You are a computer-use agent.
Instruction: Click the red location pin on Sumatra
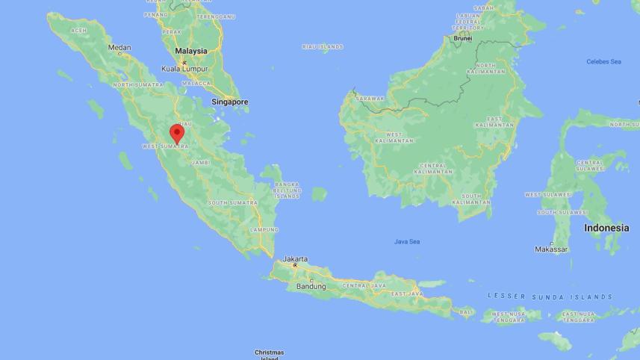pyautogui.click(x=177, y=132)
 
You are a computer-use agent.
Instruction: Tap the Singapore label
pyautogui.click(x=229, y=101)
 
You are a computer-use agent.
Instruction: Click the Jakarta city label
pyautogui.click(x=295, y=259)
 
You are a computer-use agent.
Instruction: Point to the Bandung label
pyautogui.click(x=311, y=286)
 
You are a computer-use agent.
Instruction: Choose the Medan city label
pyautogui.click(x=119, y=47)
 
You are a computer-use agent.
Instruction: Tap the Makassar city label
pyautogui.click(x=551, y=249)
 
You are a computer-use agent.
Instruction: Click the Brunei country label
pyautogui.click(x=462, y=38)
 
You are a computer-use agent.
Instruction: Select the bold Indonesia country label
pyautogui.click(x=606, y=228)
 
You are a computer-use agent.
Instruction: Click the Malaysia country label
pyautogui.click(x=190, y=51)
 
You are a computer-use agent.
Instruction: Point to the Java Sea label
pyautogui.click(x=407, y=241)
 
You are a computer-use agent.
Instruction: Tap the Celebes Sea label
pyautogui.click(x=603, y=61)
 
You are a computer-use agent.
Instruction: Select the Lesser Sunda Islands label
pyautogui.click(x=550, y=297)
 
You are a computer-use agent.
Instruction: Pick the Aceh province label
pyautogui.click(x=78, y=30)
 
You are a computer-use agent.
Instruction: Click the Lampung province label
pyautogui.click(x=264, y=229)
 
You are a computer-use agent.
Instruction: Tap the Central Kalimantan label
pyautogui.click(x=433, y=168)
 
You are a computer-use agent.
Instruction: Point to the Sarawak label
pyautogui.click(x=370, y=99)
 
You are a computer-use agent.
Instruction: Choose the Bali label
pyautogui.click(x=466, y=311)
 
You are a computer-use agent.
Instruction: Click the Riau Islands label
pyautogui.click(x=323, y=46)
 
